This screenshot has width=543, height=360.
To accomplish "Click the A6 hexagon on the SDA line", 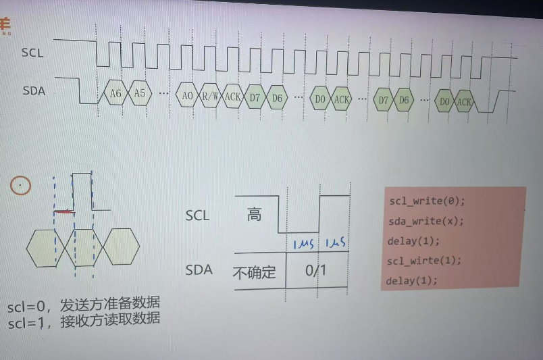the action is (x=115, y=95).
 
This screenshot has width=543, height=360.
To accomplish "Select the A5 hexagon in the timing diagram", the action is (x=139, y=94).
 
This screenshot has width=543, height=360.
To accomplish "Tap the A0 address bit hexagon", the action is (x=187, y=97).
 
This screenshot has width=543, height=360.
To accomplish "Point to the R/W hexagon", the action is (x=210, y=97).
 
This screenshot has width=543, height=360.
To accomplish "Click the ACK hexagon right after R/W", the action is (x=232, y=97).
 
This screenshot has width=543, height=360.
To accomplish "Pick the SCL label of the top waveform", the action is (x=32, y=53).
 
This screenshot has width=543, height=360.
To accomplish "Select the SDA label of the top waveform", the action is (x=34, y=91).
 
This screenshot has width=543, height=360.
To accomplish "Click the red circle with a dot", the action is (x=21, y=185).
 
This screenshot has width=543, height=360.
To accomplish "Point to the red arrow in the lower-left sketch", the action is (x=65, y=212).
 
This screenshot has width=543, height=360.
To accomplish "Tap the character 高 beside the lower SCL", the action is (x=254, y=215).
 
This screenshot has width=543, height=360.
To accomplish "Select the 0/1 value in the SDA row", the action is (x=315, y=272).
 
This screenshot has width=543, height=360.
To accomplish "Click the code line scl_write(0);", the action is (x=427, y=201).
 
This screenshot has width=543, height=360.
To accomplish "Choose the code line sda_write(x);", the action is (x=426, y=222).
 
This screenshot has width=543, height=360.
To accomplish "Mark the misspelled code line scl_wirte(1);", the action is (x=425, y=261).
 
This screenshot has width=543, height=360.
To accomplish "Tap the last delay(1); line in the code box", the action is (x=412, y=280).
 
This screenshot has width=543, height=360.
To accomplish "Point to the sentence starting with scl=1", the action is (x=84, y=321).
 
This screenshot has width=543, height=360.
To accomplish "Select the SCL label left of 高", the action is (x=197, y=216).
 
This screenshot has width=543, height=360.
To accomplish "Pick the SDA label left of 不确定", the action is (x=199, y=271).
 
